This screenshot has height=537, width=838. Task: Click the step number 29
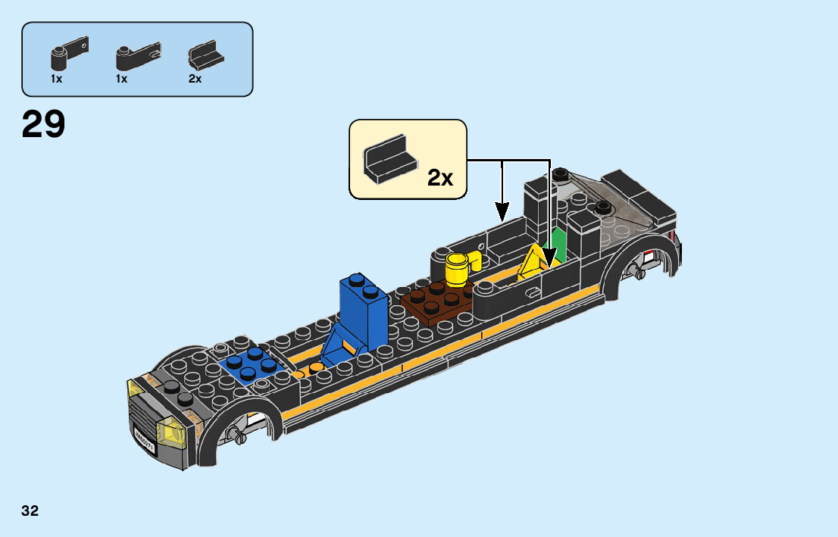[43, 124]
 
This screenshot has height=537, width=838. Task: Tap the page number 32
[30, 511]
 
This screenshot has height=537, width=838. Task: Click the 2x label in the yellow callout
[439, 178]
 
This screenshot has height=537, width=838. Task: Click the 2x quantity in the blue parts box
[195, 79]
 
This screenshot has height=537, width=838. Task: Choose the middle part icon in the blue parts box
[134, 55]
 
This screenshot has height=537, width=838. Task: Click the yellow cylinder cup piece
[458, 269]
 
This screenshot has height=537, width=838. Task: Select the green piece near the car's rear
[559, 245]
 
